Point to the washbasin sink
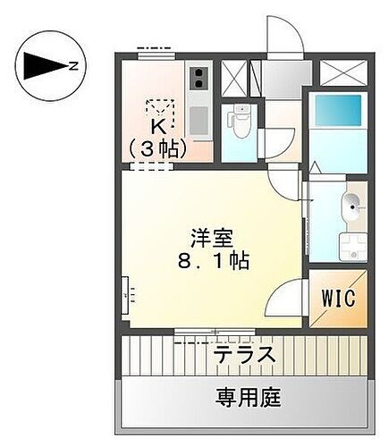point(351,207)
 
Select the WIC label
point(340,297)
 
